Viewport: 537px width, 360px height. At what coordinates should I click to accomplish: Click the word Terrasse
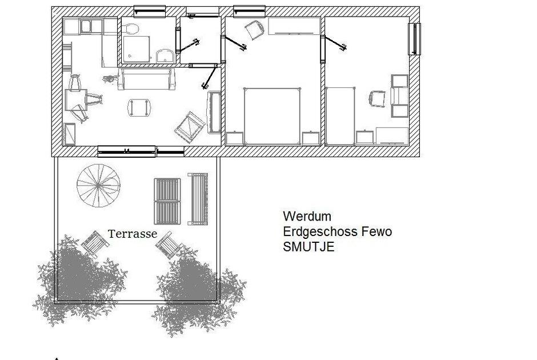pos(133,234)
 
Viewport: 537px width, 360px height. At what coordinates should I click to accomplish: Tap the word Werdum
pos(307,216)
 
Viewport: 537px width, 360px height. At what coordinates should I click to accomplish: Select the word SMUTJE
pos(308,247)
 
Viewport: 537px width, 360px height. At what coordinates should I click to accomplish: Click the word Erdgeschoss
pos(320,231)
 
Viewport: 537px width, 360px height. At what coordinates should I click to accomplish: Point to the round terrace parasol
pos(98,186)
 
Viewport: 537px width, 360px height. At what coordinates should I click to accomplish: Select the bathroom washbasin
pos(165,56)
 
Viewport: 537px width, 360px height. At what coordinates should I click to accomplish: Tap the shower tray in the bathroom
pos(137,49)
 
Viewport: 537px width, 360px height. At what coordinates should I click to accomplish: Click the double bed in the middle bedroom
pos(272,117)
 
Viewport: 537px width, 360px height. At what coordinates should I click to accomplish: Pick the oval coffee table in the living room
pos(139,107)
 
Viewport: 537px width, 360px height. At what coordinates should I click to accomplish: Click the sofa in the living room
pos(147,79)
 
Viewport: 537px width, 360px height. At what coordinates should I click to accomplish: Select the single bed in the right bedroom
pos(340,116)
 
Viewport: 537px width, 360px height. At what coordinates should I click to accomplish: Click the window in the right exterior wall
pos(414,39)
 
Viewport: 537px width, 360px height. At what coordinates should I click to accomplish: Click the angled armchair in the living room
pos(190,127)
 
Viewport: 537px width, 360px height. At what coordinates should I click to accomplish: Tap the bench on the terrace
pos(198,199)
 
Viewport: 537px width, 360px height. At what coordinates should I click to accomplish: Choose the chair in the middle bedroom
pos(255,30)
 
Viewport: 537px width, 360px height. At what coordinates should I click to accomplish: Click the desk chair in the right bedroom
pos(377,99)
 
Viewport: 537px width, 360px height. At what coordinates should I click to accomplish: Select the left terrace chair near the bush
pos(95,243)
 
